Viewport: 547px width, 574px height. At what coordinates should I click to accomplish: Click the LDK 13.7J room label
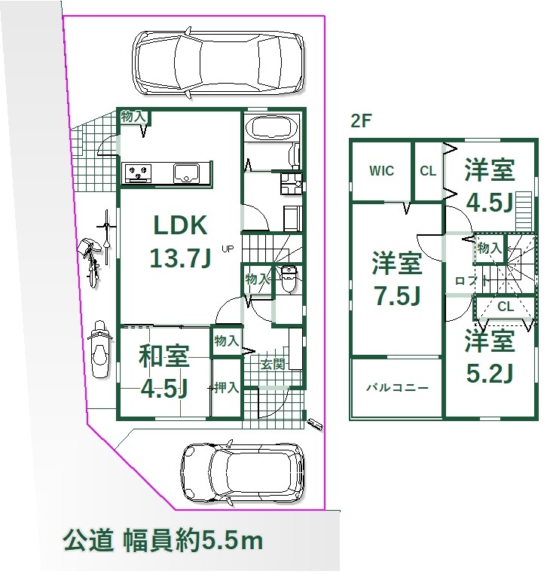click(180, 241)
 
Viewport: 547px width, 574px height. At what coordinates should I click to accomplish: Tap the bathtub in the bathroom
click(271, 127)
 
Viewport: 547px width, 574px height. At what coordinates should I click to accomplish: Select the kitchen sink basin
click(186, 172)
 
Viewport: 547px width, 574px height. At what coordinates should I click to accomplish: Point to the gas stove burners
click(139, 173)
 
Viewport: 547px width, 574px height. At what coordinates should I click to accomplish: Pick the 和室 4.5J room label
click(164, 371)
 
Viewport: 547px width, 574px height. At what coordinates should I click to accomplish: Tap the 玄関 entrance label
click(273, 364)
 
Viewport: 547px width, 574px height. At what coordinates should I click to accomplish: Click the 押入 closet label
click(226, 387)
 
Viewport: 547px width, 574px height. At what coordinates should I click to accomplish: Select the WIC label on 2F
click(381, 170)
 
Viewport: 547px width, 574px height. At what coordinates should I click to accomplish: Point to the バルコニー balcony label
click(397, 387)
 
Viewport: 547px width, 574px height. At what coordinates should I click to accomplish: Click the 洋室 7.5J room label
click(397, 279)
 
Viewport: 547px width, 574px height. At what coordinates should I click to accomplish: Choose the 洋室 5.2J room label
click(490, 356)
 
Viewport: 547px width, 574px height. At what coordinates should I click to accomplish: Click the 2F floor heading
click(361, 121)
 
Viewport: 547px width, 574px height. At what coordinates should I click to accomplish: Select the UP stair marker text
click(228, 249)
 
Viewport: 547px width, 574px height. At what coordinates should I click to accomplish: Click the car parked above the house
click(218, 63)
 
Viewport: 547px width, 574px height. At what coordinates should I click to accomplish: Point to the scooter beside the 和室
click(99, 349)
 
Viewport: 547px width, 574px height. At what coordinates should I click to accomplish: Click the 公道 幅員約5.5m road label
click(163, 541)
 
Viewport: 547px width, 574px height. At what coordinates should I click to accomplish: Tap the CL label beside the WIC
click(428, 171)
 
